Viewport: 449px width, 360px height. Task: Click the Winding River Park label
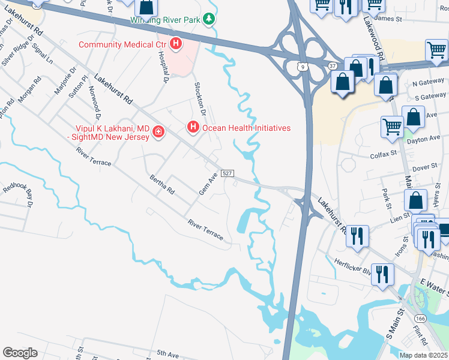[166, 20]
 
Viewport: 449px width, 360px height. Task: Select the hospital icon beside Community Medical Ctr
[176, 44]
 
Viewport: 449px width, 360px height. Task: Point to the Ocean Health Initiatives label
[246, 128]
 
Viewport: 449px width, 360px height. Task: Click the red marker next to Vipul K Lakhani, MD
[158, 131]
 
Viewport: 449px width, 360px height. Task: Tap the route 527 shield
[227, 173]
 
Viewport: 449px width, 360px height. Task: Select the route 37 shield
[332, 64]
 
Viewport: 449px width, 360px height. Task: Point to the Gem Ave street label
[208, 184]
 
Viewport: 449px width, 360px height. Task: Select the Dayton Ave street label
[427, 139]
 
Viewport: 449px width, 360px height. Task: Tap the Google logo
[20, 353]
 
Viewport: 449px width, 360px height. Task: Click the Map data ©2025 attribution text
[423, 355]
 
